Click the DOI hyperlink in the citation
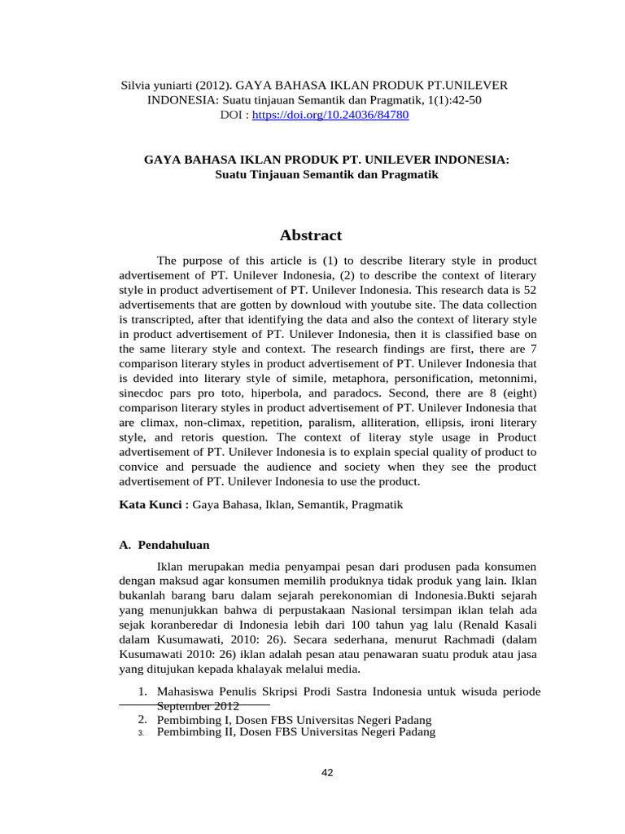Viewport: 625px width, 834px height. (330, 116)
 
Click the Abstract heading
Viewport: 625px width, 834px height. (311, 236)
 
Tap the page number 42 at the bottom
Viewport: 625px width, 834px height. (327, 773)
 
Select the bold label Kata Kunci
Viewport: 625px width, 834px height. (154, 505)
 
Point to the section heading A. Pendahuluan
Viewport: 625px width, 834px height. (165, 545)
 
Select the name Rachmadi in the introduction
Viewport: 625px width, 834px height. (473, 640)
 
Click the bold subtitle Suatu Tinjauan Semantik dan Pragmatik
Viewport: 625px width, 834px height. (326, 175)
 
